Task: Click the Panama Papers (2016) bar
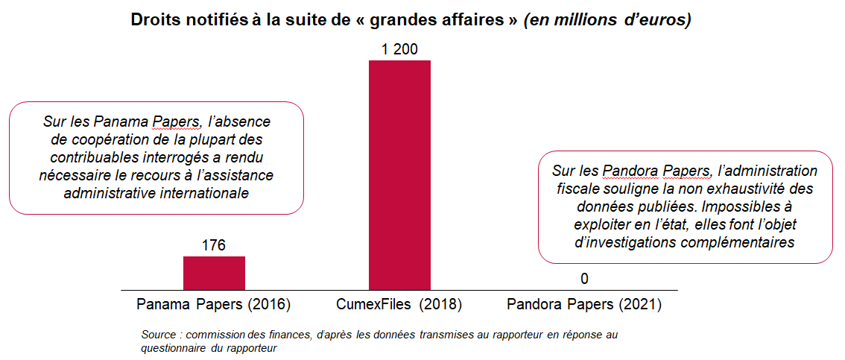point(214,273)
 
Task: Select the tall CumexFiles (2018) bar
point(399,175)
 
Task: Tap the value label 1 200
point(399,50)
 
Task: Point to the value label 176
point(214,245)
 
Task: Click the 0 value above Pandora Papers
point(584,279)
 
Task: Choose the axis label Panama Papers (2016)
point(213,305)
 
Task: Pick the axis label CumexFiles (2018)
point(399,305)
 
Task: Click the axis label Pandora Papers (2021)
point(584,305)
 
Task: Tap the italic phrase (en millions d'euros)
point(607,20)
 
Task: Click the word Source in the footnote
point(158,335)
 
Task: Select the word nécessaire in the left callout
point(70,175)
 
